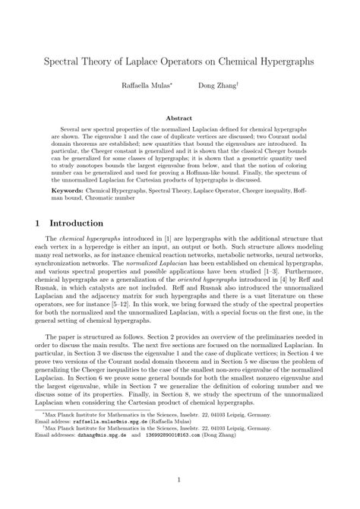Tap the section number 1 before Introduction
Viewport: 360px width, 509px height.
(x=39, y=224)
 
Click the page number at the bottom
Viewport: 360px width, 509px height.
(x=179, y=480)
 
